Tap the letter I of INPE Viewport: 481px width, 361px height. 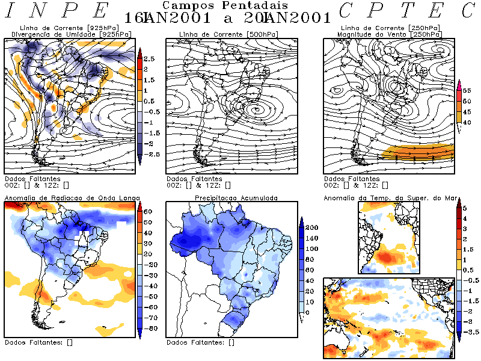[x=11, y=11]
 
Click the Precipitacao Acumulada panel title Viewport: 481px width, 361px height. [x=236, y=197]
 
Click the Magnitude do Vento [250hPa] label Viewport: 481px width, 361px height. [x=390, y=34]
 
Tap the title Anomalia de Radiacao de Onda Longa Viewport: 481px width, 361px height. [x=72, y=197]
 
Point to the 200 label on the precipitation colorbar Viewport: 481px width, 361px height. [x=312, y=229]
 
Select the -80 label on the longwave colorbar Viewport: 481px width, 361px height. [x=149, y=329]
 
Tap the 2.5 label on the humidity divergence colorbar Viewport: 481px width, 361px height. [x=149, y=58]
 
